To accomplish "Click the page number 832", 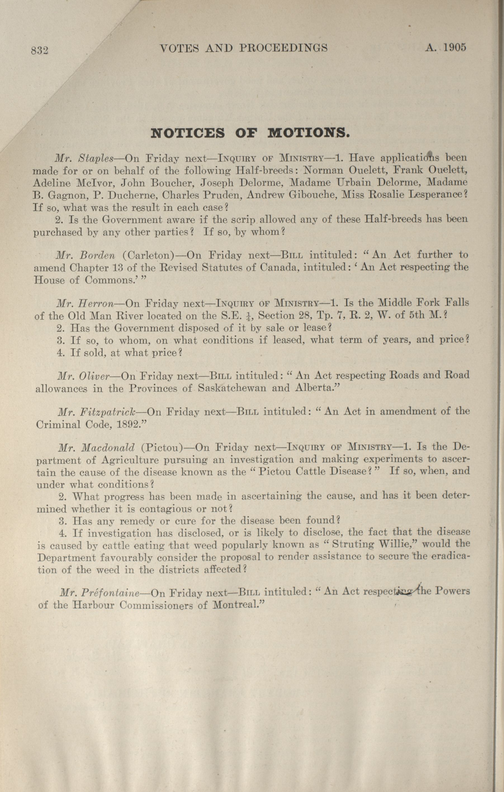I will click(x=40, y=50).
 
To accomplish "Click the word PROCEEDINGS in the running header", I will click(x=283, y=48).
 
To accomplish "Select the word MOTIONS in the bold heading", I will click(x=308, y=134).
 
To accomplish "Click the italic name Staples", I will click(x=96, y=159).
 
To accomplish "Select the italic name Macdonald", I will click(x=108, y=448).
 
